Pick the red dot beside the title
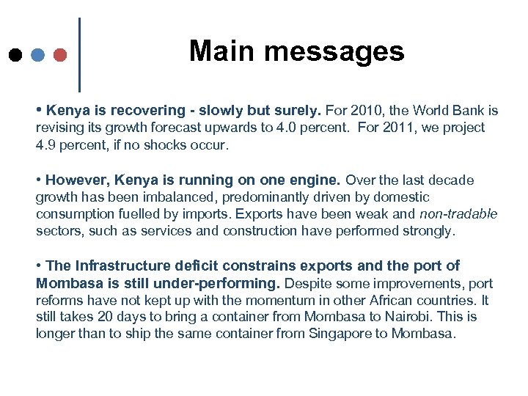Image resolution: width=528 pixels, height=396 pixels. (61, 55)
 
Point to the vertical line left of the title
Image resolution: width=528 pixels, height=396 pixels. (78, 55)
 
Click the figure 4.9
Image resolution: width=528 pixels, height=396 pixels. (45, 145)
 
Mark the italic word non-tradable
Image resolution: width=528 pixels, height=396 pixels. (458, 214)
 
